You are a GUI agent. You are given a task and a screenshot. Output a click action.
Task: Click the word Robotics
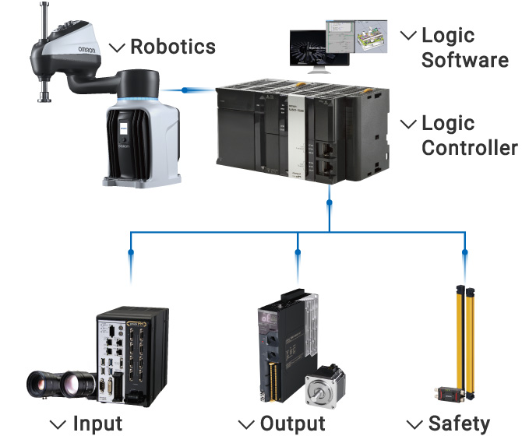[173, 46]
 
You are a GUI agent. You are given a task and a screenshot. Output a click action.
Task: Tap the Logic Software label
[464, 47]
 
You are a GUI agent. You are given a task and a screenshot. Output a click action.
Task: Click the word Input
[97, 424]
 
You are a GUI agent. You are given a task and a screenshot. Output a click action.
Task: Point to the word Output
[292, 424]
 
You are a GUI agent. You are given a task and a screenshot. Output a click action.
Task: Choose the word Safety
[460, 424]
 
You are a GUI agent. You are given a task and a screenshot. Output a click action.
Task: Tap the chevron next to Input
[58, 425]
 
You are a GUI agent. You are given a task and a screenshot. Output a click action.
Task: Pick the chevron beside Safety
[414, 425]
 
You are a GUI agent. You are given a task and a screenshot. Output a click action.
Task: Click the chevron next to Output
[247, 425]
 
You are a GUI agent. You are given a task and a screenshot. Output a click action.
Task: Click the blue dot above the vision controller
[130, 252]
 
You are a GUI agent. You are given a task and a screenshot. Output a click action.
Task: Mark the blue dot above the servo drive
[298, 252]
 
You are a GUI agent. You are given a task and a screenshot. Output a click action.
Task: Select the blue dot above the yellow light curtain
[465, 252]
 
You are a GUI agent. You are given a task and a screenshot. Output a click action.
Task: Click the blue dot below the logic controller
[330, 204]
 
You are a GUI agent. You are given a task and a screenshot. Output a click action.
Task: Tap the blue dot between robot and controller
[185, 90]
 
